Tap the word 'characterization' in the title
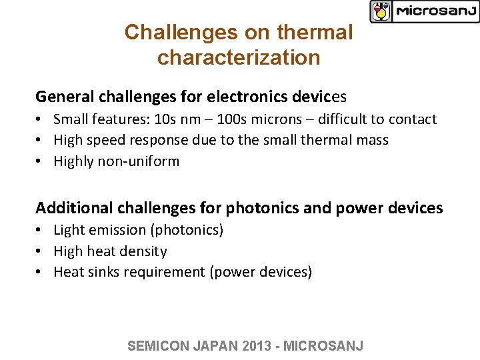(x=239, y=57)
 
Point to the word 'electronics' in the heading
(x=247, y=97)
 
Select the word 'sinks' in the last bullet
(x=105, y=272)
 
